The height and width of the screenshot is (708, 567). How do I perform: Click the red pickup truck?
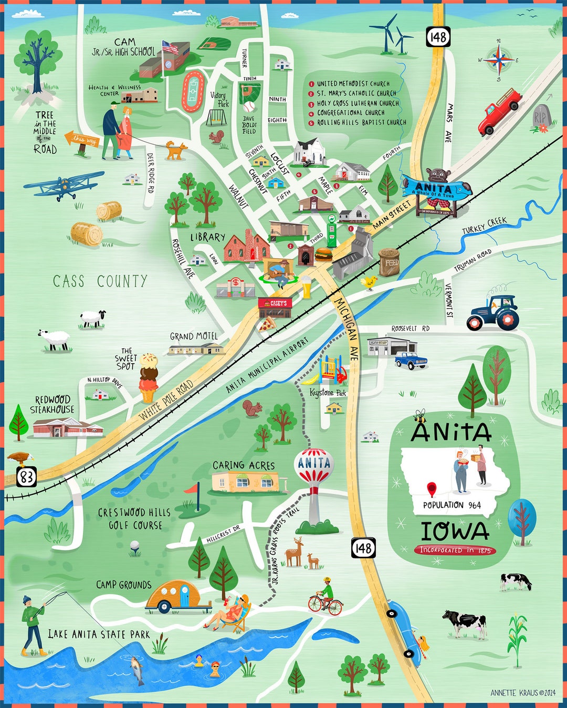[x=498, y=112]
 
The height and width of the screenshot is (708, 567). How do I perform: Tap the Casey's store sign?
[x=275, y=304]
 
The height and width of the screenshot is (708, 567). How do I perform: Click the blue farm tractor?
[x=493, y=313]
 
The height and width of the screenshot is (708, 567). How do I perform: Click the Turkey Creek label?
[x=484, y=225]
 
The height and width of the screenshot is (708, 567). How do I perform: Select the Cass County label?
[x=100, y=281]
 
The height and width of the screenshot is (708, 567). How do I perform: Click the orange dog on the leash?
[x=176, y=150]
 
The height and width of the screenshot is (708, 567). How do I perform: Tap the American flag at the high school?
[x=170, y=48]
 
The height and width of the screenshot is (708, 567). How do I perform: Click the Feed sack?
[x=390, y=262]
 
